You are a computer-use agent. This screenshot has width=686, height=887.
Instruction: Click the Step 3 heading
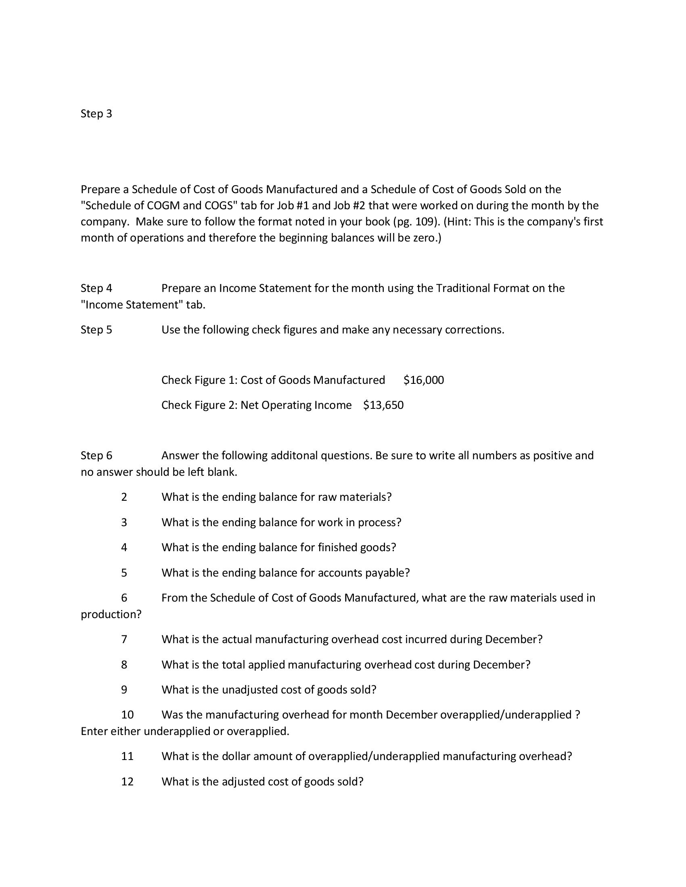tap(96, 114)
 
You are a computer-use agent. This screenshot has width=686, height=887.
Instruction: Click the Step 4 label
tap(96, 288)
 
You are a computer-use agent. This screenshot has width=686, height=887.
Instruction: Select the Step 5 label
tap(96, 330)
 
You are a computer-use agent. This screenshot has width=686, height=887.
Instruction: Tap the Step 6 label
tap(96, 456)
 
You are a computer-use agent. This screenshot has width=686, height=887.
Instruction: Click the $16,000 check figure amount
tap(423, 380)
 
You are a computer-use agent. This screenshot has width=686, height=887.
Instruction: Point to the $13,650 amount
tap(383, 405)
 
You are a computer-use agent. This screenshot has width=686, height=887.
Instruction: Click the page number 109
tap(425, 222)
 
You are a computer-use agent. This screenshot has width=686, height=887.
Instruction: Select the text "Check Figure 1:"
tap(199, 380)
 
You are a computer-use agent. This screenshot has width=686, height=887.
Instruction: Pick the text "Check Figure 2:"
tap(199, 405)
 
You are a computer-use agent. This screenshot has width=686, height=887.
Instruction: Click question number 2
tap(124, 497)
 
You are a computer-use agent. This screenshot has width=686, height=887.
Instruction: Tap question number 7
tap(124, 640)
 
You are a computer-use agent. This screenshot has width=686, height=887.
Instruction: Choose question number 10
tap(127, 715)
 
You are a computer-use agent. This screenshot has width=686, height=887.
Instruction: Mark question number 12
tap(127, 782)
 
